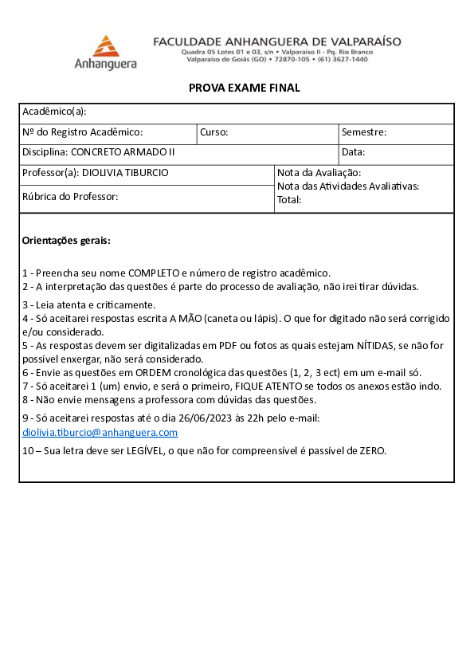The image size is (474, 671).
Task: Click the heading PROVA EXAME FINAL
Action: coord(245,88)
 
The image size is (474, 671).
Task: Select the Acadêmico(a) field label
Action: coord(54,112)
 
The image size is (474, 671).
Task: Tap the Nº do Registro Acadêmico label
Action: coord(83,132)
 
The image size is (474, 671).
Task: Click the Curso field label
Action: coord(214,132)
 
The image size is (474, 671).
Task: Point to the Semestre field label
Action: coord(364,132)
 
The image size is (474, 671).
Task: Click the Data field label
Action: coord(354,152)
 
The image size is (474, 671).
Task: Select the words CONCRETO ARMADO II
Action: coord(123,152)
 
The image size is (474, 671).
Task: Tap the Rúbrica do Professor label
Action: coord(70,196)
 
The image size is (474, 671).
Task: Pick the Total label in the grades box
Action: coord(289,200)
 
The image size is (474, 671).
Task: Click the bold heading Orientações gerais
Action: coord(66,240)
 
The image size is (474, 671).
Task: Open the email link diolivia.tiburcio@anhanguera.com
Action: coord(100,433)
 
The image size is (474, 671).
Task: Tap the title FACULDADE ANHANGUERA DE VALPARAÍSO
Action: coord(277,41)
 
